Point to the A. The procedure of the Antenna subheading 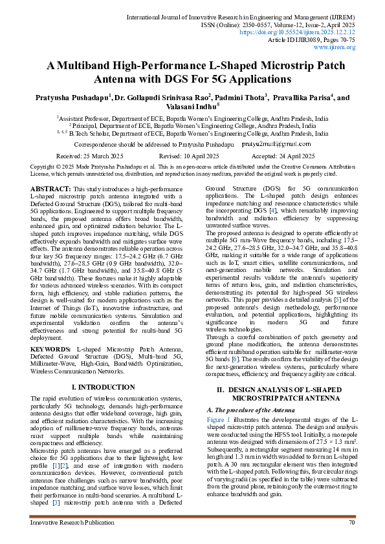tap(242, 410)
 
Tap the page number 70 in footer tap(351, 522)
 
